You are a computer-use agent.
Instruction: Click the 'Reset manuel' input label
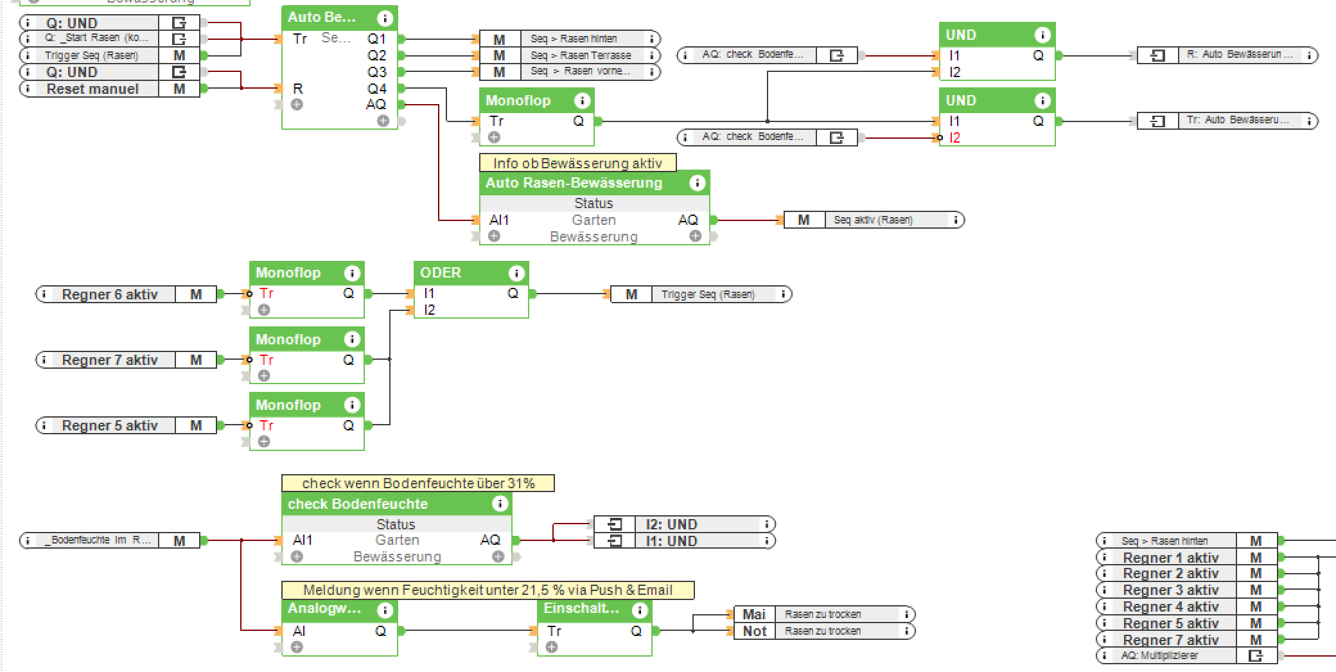click(92, 89)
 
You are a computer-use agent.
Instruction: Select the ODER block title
click(441, 272)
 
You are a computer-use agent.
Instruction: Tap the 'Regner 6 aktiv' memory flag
click(196, 294)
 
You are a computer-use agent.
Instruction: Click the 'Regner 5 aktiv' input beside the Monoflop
click(110, 425)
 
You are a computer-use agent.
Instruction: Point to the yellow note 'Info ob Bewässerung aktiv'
click(577, 163)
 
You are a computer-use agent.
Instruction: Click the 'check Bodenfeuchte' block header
click(358, 504)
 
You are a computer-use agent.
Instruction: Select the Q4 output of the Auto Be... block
click(377, 89)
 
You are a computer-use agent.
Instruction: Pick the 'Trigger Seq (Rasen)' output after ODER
click(708, 294)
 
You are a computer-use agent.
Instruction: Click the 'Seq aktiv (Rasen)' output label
click(873, 220)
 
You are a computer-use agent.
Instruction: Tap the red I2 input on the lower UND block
click(954, 137)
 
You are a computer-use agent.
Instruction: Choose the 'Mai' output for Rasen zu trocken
click(753, 614)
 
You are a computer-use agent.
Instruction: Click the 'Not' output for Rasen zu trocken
click(754, 631)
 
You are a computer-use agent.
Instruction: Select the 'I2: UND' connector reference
click(671, 524)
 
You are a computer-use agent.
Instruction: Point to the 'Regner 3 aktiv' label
click(1170, 590)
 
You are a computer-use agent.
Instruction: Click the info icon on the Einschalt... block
click(640, 610)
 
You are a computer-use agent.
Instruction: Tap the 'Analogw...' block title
click(324, 608)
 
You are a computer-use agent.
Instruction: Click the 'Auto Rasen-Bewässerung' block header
click(574, 182)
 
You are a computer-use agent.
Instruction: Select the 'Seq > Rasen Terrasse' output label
click(581, 55)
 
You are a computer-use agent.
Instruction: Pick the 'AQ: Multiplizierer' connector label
click(1160, 655)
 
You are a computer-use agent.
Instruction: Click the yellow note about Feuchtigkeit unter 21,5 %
click(488, 590)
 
